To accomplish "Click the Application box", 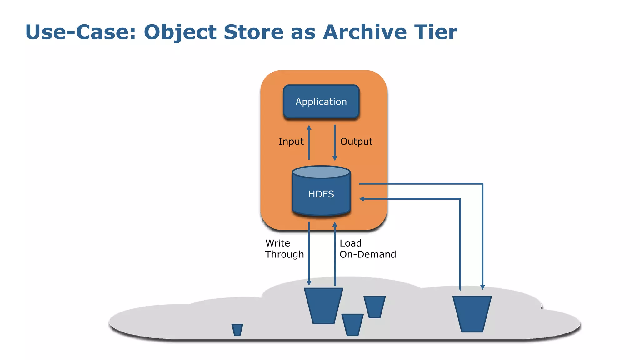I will point(321,102).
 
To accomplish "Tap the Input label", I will point(291,142).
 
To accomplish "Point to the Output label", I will point(356,142).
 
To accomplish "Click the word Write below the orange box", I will point(277,243).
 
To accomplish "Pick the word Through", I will point(284,254).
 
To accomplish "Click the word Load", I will point(350,243).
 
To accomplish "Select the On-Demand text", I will point(367,254).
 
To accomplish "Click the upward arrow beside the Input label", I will point(309,142).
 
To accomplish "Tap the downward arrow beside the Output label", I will point(335,142).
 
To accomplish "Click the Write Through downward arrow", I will point(309,253).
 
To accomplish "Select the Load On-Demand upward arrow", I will point(335,253).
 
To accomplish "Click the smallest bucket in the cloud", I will point(237,330).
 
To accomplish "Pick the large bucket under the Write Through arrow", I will point(323,306).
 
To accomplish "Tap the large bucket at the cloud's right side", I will point(472,314).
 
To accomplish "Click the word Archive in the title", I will point(365,32).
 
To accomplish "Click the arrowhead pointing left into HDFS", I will point(362,199).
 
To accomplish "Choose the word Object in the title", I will point(180,32).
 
